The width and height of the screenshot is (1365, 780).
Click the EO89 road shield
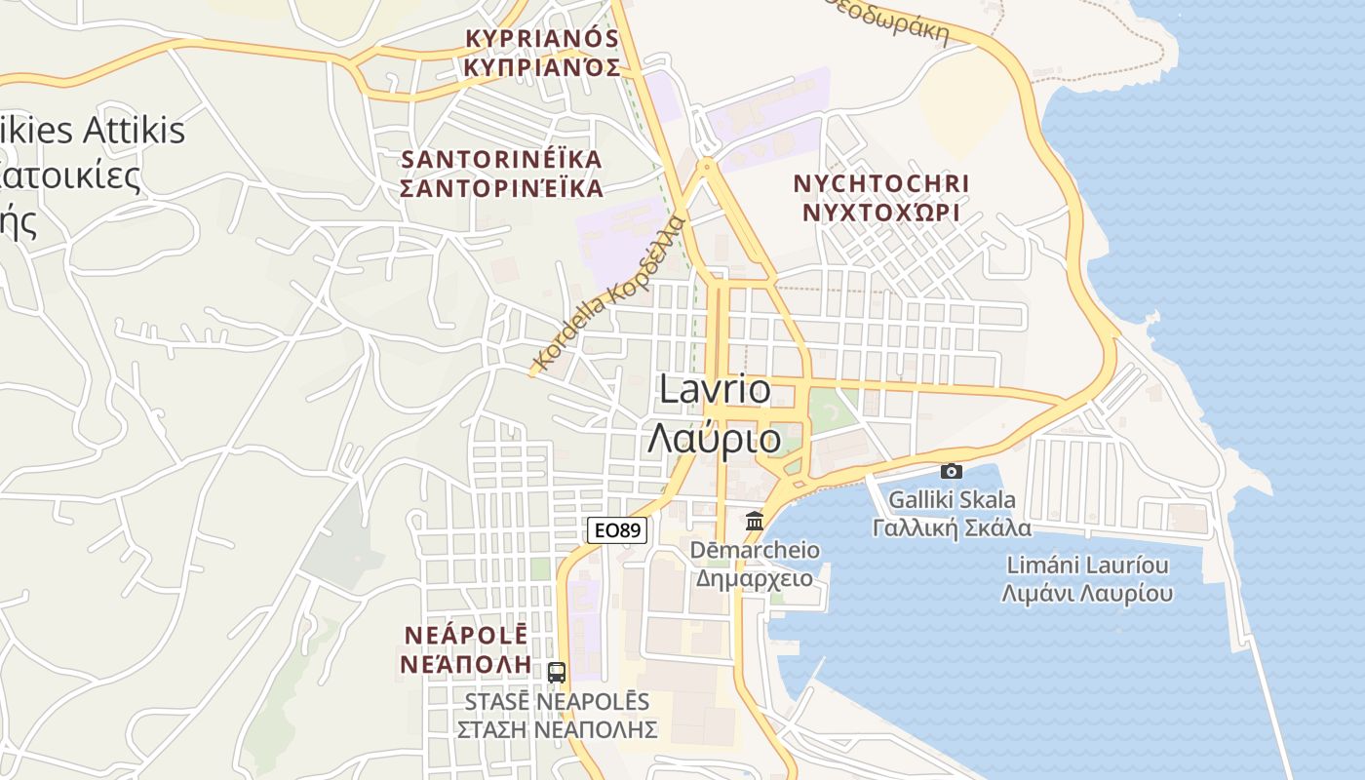tap(618, 530)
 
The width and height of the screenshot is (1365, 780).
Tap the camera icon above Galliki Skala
tap(951, 472)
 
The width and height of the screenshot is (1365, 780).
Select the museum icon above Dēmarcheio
tap(754, 522)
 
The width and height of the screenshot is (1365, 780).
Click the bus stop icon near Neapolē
tap(556, 672)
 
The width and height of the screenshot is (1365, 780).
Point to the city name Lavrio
tap(715, 389)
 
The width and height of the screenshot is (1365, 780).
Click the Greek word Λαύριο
tap(715, 439)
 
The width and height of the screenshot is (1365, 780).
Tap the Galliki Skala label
tap(952, 500)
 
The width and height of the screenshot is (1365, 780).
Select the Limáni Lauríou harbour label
tap(1087, 565)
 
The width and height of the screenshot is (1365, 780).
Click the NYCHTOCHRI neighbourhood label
tap(880, 183)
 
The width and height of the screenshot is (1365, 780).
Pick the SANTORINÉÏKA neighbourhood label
tap(502, 159)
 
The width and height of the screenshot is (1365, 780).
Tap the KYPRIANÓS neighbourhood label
tap(542, 39)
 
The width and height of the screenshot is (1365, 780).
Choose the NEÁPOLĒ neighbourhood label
tap(466, 635)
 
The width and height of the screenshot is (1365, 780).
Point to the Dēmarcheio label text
tap(755, 550)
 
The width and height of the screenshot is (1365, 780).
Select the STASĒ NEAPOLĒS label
tap(557, 702)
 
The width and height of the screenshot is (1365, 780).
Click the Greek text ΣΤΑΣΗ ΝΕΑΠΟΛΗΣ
tap(557, 729)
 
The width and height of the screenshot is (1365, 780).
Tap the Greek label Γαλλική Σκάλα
tap(952, 528)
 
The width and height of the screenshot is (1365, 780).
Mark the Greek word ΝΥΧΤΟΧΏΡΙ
tap(880, 212)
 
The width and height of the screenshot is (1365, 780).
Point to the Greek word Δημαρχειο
tap(755, 578)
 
